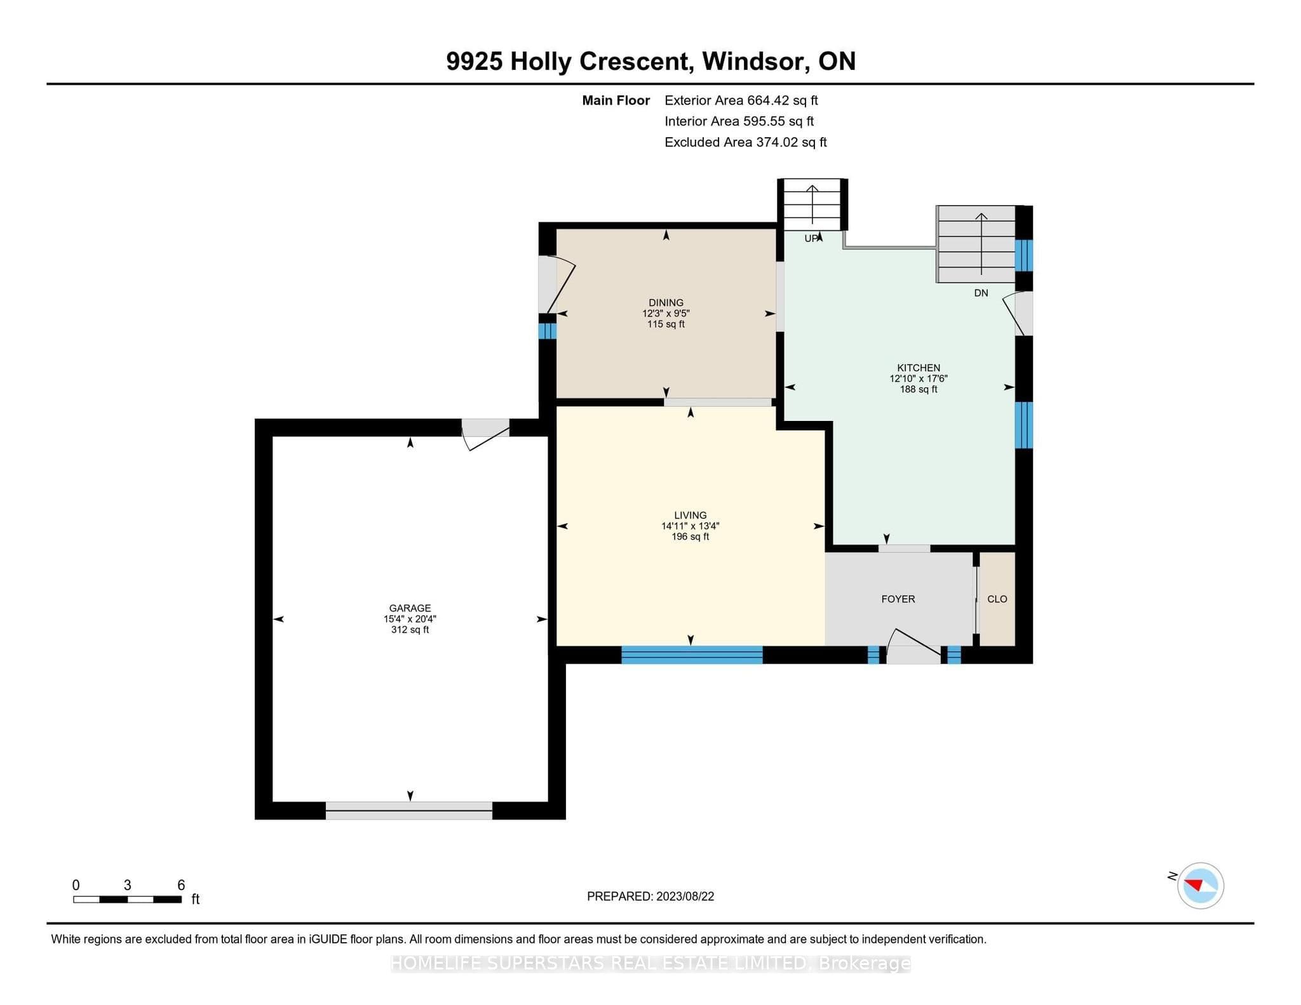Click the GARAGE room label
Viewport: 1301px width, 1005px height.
tap(410, 608)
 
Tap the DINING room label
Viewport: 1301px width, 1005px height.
tap(666, 303)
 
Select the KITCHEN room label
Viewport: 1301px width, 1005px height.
tap(919, 368)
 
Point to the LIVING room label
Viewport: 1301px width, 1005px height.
tap(691, 516)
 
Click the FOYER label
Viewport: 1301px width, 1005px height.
tap(898, 599)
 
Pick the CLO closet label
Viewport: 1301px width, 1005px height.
tap(997, 599)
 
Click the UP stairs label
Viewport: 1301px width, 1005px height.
tap(811, 239)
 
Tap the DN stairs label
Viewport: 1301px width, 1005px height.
tap(981, 293)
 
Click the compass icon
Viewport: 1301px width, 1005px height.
tap(1200, 886)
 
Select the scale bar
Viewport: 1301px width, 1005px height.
tap(128, 899)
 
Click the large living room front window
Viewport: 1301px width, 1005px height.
tap(692, 655)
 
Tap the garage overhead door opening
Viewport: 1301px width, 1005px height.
tap(409, 811)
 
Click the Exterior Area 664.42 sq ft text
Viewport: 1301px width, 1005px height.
tap(741, 100)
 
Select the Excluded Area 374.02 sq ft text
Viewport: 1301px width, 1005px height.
tap(745, 142)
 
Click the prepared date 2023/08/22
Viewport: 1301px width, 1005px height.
tap(685, 896)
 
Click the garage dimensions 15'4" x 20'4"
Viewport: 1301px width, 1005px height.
tap(410, 619)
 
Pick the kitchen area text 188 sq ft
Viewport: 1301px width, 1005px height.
tap(919, 389)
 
